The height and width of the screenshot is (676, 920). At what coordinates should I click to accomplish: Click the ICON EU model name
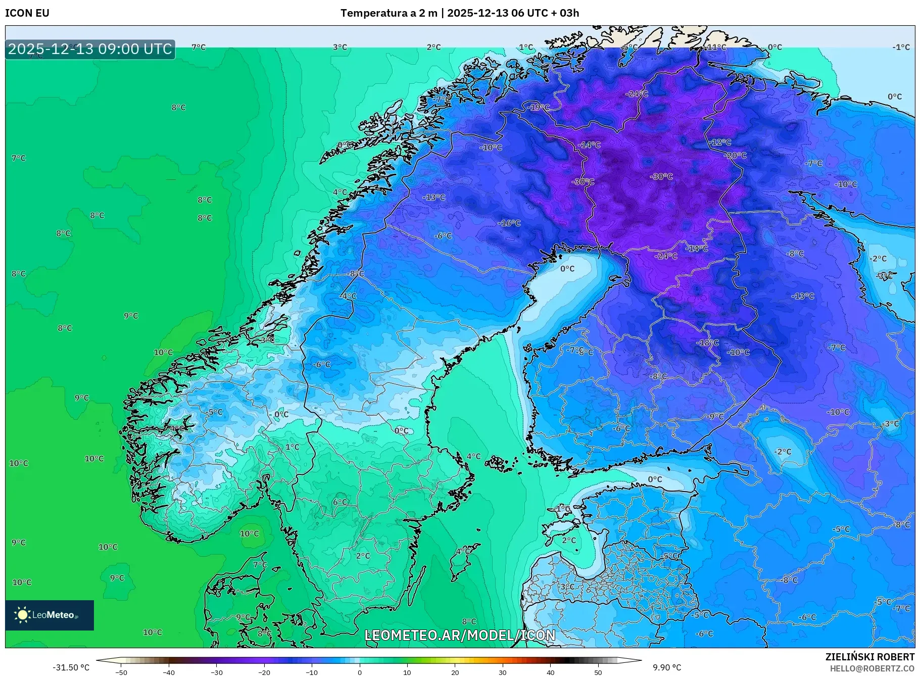click(x=27, y=13)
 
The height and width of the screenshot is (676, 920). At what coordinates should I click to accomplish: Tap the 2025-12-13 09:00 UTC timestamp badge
click(x=90, y=49)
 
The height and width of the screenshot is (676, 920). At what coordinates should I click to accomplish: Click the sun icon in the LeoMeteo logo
click(x=22, y=615)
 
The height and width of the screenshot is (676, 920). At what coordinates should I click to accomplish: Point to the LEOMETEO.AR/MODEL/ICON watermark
click(x=460, y=635)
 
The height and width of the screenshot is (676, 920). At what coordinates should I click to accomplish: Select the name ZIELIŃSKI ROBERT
click(x=869, y=657)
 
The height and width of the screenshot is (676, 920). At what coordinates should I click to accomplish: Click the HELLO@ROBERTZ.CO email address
click(x=872, y=668)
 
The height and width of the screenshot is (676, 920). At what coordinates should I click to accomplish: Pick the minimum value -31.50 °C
click(x=71, y=667)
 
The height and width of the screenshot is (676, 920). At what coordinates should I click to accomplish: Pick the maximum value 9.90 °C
click(x=667, y=667)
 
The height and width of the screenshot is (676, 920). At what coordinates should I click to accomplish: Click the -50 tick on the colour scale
click(x=121, y=672)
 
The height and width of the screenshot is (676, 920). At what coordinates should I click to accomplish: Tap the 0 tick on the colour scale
click(x=360, y=672)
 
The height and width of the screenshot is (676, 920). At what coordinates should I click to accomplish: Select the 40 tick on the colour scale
click(x=550, y=672)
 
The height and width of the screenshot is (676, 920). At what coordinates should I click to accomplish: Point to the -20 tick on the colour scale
click(x=264, y=672)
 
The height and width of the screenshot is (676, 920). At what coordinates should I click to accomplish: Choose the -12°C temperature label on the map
click(x=720, y=142)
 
